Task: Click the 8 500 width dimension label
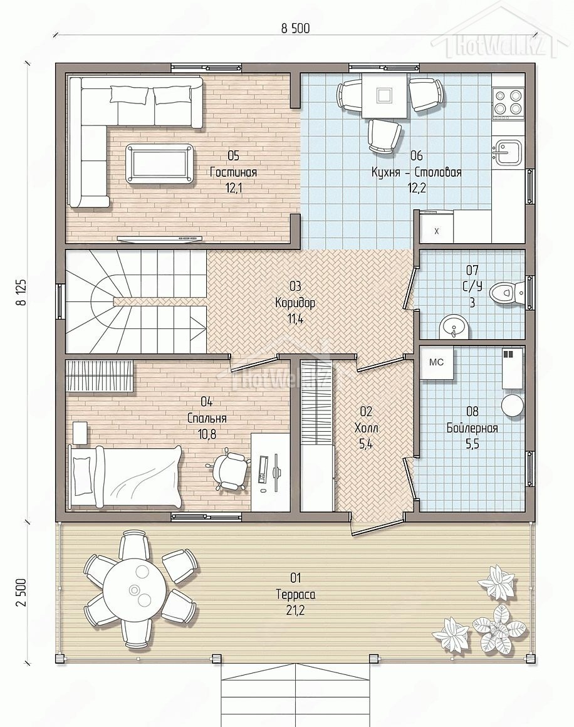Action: click(295, 28)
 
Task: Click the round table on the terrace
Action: click(135, 590)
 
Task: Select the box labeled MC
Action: click(436, 363)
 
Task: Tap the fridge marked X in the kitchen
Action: click(436, 227)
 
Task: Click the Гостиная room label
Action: click(233, 172)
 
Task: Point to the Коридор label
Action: click(295, 303)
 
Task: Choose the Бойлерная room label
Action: click(472, 427)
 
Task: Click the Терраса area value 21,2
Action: click(295, 610)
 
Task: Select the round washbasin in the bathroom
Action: click(454, 327)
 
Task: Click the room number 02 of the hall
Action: click(366, 411)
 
